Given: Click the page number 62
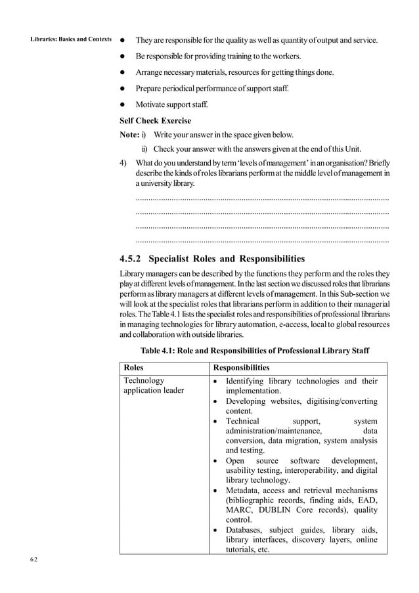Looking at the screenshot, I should coord(33,560).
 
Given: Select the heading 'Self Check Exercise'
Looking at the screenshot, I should coord(155,121).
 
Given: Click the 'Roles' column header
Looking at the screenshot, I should coord(134,368).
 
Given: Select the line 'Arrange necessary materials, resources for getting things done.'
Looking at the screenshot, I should coord(234,72).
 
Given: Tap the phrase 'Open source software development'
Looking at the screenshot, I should coord(301,460).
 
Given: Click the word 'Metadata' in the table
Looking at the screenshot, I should coord(246,490).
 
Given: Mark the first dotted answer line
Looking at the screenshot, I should coord(261,197).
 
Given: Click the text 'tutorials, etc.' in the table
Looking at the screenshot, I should coord(248,550).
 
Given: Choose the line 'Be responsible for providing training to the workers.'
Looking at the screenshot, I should coord(218,56).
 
